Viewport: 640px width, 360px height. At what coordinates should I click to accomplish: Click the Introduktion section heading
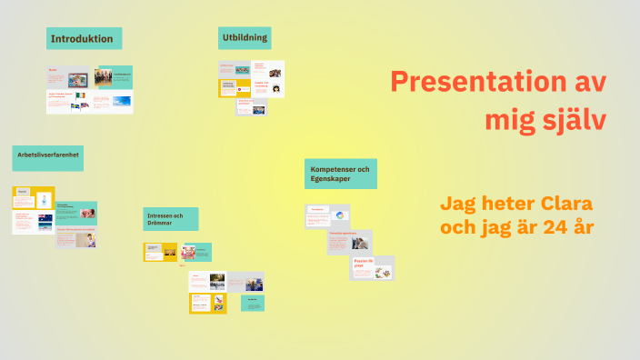tap(82, 39)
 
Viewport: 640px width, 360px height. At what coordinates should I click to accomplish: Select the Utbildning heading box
tap(245, 37)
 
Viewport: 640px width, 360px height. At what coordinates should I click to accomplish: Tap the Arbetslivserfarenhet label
tap(48, 155)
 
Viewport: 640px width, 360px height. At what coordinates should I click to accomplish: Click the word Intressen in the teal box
tap(158, 215)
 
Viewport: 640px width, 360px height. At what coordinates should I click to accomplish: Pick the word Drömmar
tap(160, 224)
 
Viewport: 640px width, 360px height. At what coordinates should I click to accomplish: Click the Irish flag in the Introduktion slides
tap(80, 95)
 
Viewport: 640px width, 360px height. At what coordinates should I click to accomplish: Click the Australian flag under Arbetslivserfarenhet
tap(45, 217)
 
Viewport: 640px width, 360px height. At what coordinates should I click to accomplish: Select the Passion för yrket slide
tap(373, 268)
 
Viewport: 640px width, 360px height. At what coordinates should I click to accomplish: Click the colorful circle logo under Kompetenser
tap(339, 215)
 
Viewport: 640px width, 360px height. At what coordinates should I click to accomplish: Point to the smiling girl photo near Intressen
tap(188, 253)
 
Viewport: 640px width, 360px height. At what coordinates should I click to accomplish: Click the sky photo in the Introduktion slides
tap(120, 101)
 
